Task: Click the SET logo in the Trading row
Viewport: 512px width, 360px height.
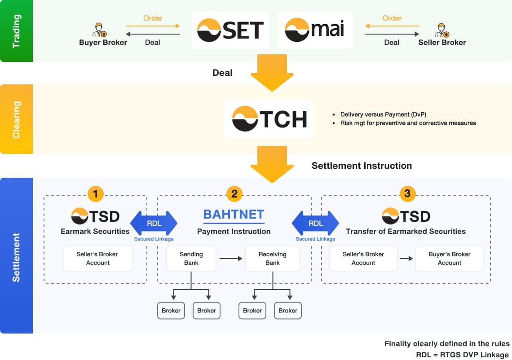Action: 230,30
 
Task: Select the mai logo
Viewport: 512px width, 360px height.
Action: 315,30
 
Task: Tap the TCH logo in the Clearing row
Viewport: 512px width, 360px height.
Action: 269,119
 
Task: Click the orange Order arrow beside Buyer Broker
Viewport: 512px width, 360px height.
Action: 153,26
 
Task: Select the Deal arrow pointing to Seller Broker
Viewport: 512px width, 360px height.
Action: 392,34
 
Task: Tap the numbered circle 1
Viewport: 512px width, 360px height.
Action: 95,194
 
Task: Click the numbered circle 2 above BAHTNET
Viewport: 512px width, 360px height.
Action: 234,194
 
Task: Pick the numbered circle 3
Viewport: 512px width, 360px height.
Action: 407,194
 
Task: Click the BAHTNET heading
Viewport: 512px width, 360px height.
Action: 234,215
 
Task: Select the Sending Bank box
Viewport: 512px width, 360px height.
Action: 191,259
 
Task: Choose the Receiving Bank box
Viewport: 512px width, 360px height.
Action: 272,259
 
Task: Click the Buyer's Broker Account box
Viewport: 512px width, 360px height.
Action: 449,259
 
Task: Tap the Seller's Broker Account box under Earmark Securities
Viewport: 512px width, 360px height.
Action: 98,259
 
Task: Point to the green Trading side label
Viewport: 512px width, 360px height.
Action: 16,31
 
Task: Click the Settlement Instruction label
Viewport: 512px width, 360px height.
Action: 362,166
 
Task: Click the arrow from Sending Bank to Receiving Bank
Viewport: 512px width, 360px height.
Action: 230,259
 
